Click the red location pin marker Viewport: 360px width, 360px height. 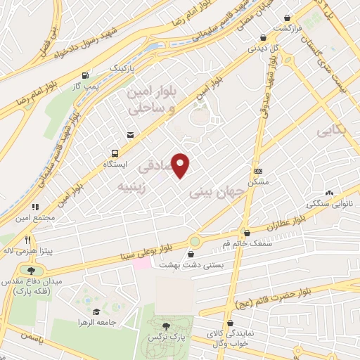(x=181, y=165)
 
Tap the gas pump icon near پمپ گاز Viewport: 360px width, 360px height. (x=86, y=75)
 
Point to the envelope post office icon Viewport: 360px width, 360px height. (x=130, y=135)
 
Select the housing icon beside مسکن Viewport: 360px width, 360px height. (x=258, y=171)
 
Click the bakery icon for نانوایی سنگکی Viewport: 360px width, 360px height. (x=329, y=193)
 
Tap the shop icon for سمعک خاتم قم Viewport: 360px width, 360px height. (x=246, y=233)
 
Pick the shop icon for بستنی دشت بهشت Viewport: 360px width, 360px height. (x=192, y=254)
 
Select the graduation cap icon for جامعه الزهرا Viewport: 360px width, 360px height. (x=96, y=311)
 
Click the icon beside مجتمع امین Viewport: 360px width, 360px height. (x=34, y=207)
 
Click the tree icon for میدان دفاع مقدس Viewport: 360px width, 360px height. (x=31, y=270)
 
